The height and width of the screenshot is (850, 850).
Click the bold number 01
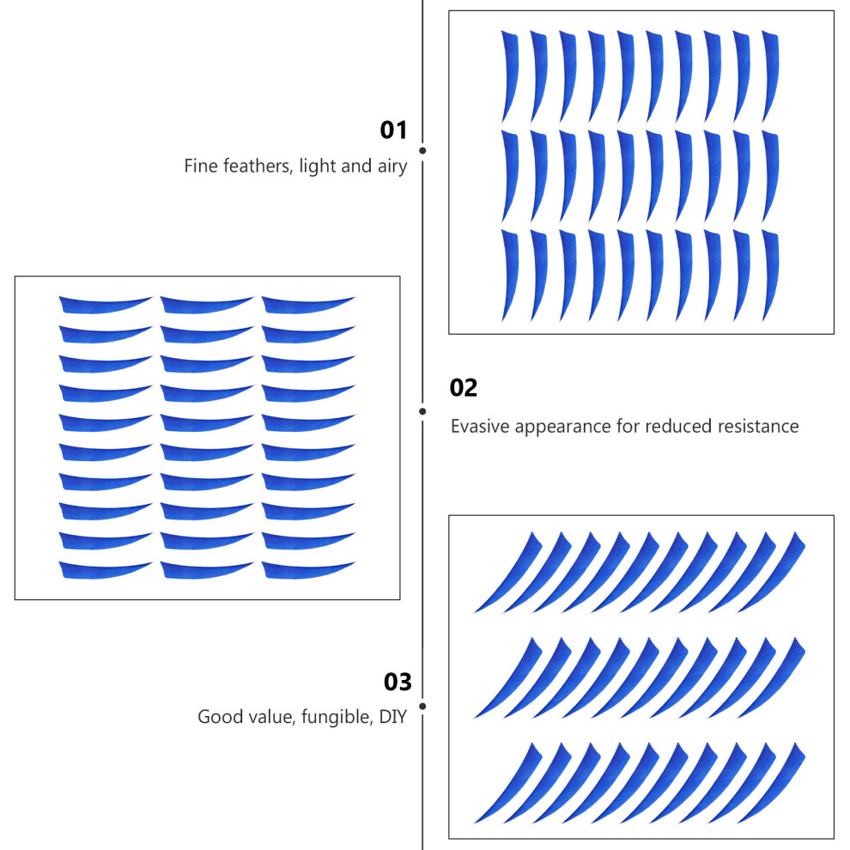coord(393,131)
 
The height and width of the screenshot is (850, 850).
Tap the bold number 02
coord(464,387)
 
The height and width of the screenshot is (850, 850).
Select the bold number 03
coord(398,682)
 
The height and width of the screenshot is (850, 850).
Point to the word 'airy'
coord(392,167)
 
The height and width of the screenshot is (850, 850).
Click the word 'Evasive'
coord(481,426)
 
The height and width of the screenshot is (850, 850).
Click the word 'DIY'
coord(393,717)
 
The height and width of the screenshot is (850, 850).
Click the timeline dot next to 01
coord(422,150)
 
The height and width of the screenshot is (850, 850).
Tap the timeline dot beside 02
coord(422,411)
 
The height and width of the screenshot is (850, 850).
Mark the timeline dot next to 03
coord(422,707)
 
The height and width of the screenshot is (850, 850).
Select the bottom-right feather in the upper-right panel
coord(771,275)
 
